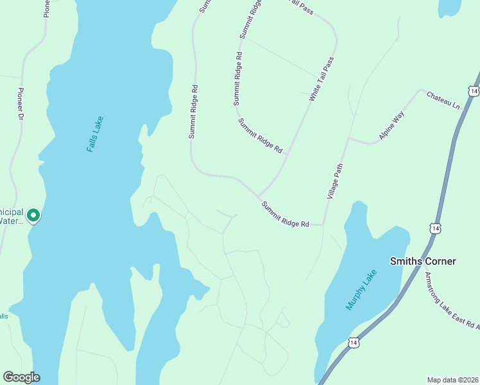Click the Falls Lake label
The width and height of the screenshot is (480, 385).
pyautogui.click(x=94, y=134)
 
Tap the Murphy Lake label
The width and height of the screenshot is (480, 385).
pyautogui.click(x=361, y=290)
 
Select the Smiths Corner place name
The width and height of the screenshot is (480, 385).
pyautogui.click(x=423, y=261)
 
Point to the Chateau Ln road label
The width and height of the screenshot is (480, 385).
pyautogui.click(x=444, y=99)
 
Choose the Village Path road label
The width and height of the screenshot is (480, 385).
pyautogui.click(x=336, y=180)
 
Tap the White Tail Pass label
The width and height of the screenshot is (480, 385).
pyautogui.click(x=321, y=79)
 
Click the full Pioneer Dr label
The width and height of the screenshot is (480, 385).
pyautogui.click(x=20, y=105)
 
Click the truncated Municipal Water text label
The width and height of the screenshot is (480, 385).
pyautogui.click(x=12, y=216)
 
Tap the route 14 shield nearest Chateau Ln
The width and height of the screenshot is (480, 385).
pyautogui.click(x=473, y=92)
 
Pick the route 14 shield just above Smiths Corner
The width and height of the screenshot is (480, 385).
pyautogui.click(x=435, y=228)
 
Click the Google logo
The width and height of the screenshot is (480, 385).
pyautogui.click(x=21, y=377)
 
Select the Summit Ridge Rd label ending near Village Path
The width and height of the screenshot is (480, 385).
pyautogui.click(x=286, y=214)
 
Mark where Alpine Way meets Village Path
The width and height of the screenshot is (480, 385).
pyautogui.click(x=348, y=137)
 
